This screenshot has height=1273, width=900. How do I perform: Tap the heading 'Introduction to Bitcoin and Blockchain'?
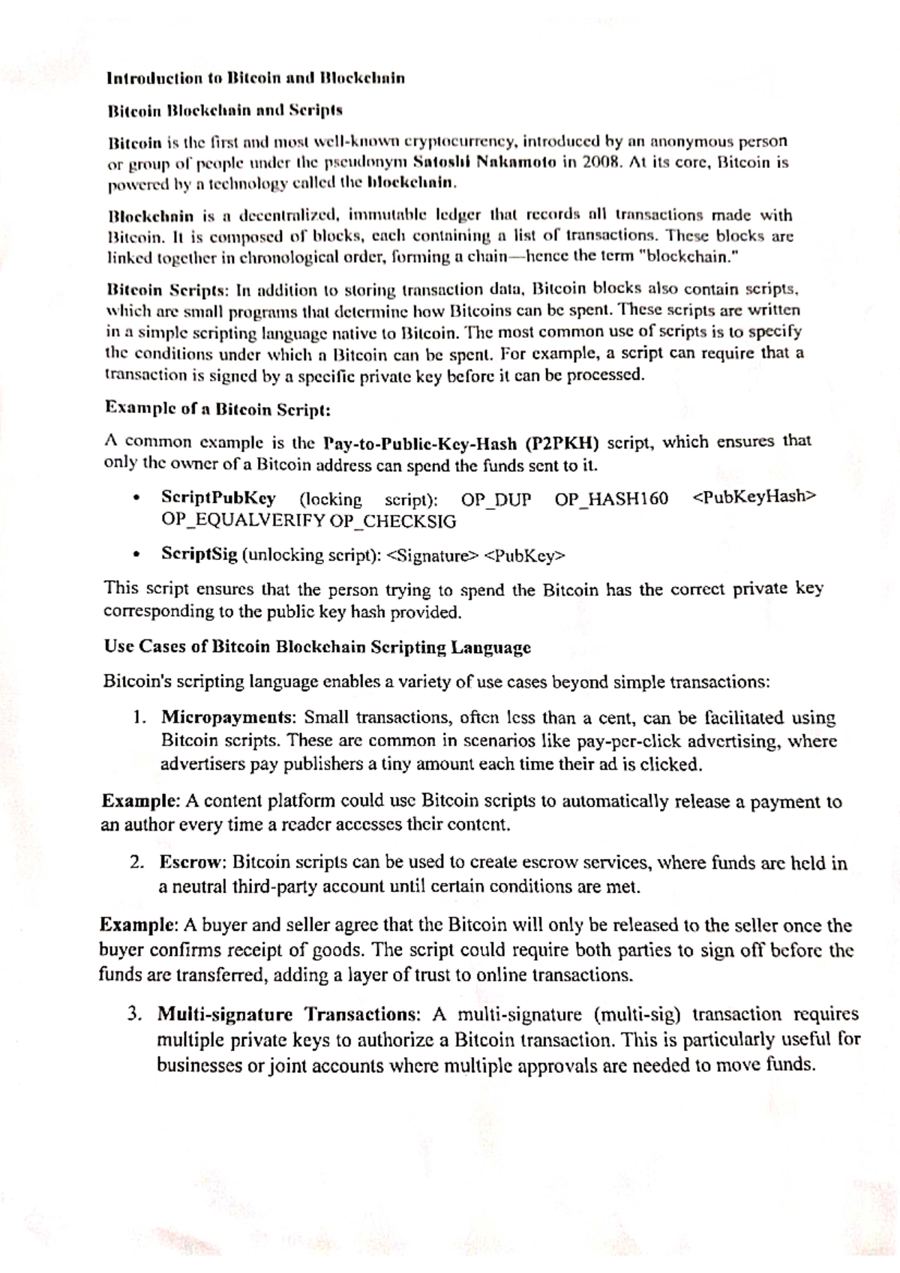[256, 78]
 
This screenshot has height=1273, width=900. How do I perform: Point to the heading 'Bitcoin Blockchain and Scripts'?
[224, 111]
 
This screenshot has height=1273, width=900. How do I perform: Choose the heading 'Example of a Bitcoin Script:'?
[217, 409]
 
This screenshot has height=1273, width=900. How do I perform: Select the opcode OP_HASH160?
[611, 499]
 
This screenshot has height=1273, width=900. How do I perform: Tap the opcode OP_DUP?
[496, 499]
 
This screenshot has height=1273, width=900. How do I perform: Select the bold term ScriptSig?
[199, 556]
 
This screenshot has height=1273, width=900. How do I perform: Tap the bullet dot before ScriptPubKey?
[136, 499]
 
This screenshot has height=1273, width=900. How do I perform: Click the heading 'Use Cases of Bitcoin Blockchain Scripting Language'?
[317, 647]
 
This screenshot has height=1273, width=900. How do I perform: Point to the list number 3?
[134, 1015]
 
